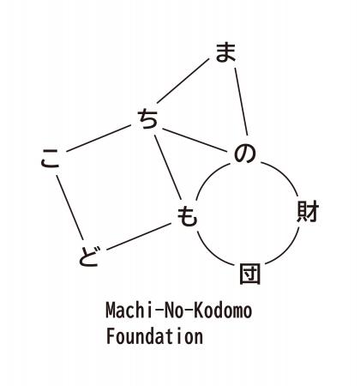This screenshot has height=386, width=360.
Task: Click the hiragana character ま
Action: [225, 52]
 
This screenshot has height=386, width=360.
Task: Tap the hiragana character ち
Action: [147, 119]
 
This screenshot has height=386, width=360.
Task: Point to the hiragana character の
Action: [244, 154]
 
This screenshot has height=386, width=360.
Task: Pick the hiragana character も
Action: [187, 216]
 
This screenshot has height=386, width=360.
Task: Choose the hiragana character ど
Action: [89, 256]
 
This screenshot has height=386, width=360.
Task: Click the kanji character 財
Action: [308, 212]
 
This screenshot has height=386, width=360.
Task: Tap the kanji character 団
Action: [250, 274]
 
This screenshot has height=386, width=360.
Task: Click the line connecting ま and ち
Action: [183, 81]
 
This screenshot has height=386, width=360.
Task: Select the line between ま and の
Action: [241, 101]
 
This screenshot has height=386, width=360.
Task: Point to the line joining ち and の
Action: [195, 140]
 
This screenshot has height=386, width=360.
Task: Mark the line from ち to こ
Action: [99, 138]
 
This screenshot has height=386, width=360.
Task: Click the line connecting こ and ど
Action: [70, 208]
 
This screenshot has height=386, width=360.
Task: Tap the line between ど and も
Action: [139, 237]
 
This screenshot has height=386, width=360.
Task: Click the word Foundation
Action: [154, 336]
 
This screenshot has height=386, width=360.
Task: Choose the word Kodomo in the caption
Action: [223, 311]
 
